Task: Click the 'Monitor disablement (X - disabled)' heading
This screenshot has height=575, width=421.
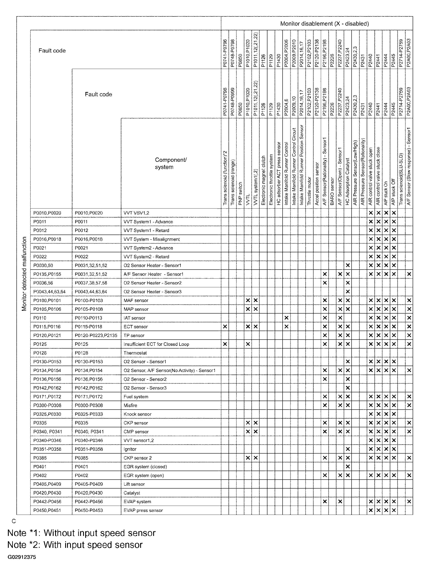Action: (324, 24)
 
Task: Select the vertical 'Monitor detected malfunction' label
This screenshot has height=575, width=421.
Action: (24, 274)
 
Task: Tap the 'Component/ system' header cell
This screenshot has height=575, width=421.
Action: (170, 163)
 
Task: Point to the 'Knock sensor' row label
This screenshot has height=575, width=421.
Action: (137, 414)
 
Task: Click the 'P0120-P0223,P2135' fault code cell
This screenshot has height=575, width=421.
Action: (96, 335)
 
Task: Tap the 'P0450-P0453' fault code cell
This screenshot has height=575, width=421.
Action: (89, 510)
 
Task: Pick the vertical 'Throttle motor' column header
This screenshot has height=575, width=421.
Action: (309, 191)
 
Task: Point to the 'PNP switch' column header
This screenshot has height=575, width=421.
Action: (240, 194)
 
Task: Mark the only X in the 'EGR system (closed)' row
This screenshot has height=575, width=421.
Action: (348, 467)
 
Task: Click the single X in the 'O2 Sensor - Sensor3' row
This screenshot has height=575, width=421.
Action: (348, 388)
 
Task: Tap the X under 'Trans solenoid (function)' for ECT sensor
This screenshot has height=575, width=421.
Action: (225, 327)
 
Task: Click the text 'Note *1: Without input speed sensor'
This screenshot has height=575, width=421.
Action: (81, 533)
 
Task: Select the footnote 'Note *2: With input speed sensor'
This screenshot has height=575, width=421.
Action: (75, 545)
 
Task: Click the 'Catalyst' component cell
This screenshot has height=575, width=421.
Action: (132, 493)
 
